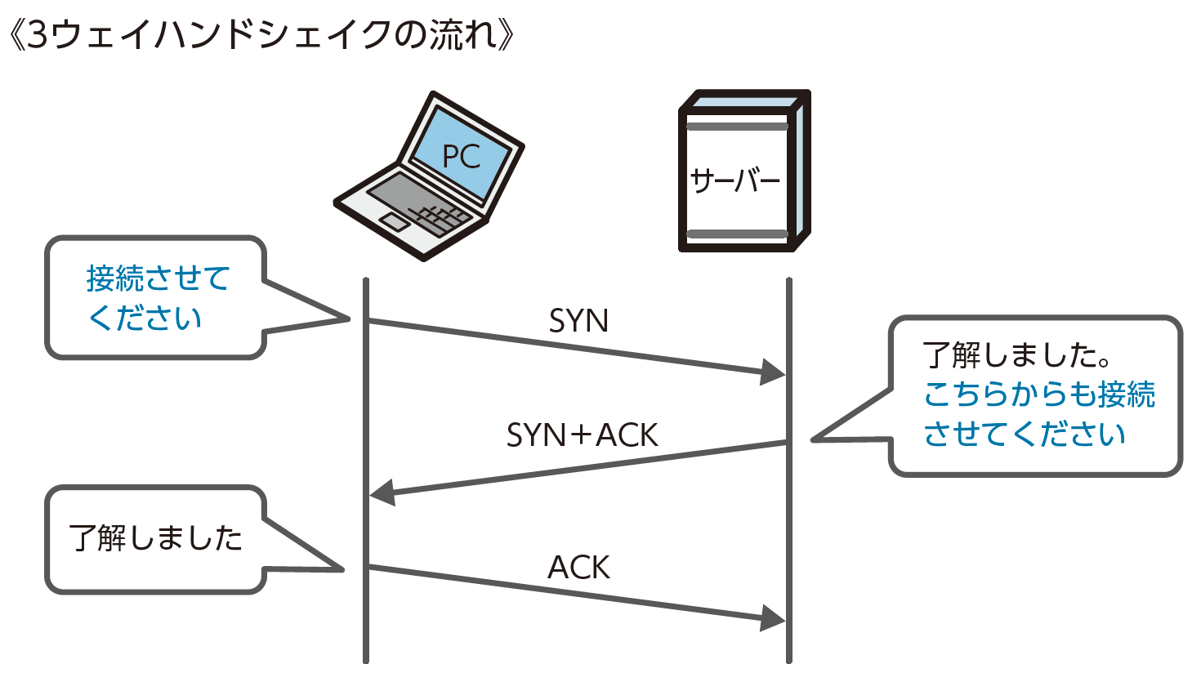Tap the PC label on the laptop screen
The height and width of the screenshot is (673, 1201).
point(461,156)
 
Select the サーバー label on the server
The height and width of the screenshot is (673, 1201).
point(735,181)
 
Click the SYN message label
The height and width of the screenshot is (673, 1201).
point(578,321)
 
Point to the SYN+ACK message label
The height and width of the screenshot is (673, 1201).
point(582,435)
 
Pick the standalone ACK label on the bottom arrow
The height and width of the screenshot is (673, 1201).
point(578,567)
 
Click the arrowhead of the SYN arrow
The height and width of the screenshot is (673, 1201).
point(772,372)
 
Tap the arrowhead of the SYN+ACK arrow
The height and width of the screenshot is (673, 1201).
point(382,493)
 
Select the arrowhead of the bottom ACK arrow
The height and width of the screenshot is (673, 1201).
point(772,618)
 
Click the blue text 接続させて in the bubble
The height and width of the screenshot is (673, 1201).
point(158,279)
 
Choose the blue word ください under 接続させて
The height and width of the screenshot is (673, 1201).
point(145,318)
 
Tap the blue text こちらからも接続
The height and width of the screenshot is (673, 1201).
point(1039,394)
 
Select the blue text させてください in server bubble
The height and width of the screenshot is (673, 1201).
point(1025,434)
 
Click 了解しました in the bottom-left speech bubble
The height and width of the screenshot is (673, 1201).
point(155,538)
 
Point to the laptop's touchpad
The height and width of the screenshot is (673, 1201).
point(395,221)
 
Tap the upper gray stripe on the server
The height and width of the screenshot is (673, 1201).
point(737,127)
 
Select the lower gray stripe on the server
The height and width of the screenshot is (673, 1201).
point(737,234)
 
